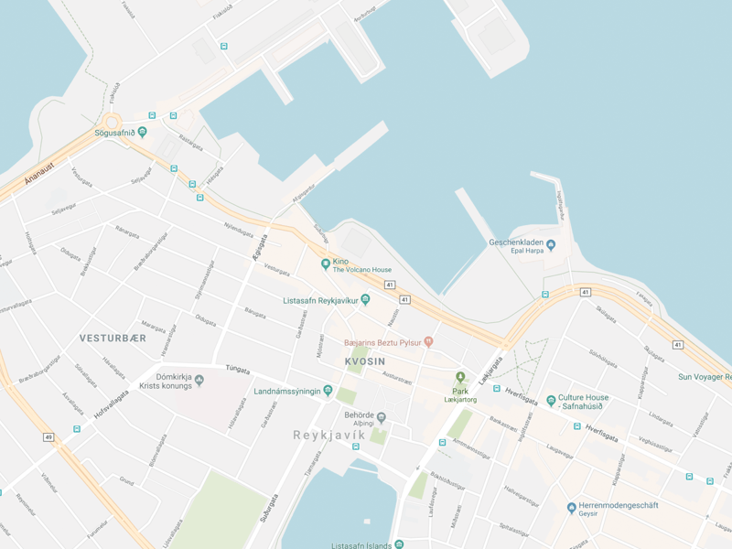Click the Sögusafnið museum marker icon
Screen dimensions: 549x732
tap(142, 133)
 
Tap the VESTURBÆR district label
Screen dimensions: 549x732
tap(113, 339)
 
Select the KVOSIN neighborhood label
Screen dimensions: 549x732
tap(367, 361)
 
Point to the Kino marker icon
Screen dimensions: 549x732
tap(325, 264)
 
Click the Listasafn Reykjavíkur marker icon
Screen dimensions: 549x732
tap(365, 299)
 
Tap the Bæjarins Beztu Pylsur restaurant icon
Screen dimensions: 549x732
tap(427, 342)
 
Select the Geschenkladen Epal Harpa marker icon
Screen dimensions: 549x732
tap(551, 244)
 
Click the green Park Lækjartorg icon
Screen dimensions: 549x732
tap(460, 377)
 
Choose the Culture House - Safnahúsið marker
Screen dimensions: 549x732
tap(551, 400)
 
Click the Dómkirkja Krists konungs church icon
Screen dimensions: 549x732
tap(199, 381)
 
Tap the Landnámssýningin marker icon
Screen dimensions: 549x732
tap(328, 392)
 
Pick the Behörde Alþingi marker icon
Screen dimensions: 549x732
tap(382, 418)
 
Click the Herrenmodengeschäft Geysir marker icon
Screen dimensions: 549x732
tap(571, 508)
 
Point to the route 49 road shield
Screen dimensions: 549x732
tap(48, 437)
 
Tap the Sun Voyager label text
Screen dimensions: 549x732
tap(704, 376)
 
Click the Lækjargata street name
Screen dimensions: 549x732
tap(492, 370)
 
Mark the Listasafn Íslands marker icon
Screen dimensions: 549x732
tap(399, 544)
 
